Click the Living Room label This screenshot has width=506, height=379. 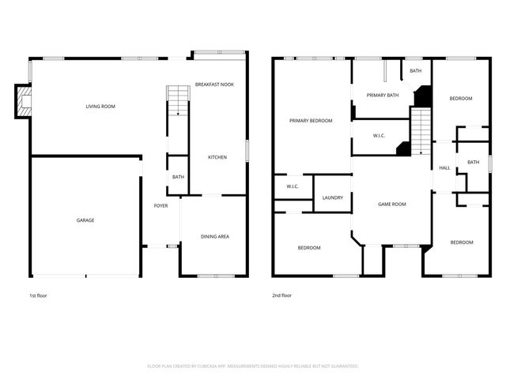coord(100,106)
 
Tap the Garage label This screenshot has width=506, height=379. coord(85,220)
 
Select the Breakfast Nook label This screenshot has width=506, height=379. coord(215,84)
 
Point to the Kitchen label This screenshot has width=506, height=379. coord(217,157)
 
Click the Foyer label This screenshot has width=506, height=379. coord(160,206)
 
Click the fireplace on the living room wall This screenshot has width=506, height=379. coord(24,102)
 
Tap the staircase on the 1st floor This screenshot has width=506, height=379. coord(178,101)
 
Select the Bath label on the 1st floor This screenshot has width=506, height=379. coord(178,177)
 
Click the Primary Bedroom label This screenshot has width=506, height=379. coord(311,121)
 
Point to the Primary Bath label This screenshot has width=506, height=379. coord(383,95)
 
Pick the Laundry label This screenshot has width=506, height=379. coord(333,197)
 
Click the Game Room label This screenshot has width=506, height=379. coord(391,204)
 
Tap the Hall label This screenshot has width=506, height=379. coord(444,167)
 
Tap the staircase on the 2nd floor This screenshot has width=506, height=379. coord(421,130)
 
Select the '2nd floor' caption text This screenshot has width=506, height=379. coord(281,295)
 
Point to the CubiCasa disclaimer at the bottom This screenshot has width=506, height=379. coord(253,366)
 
